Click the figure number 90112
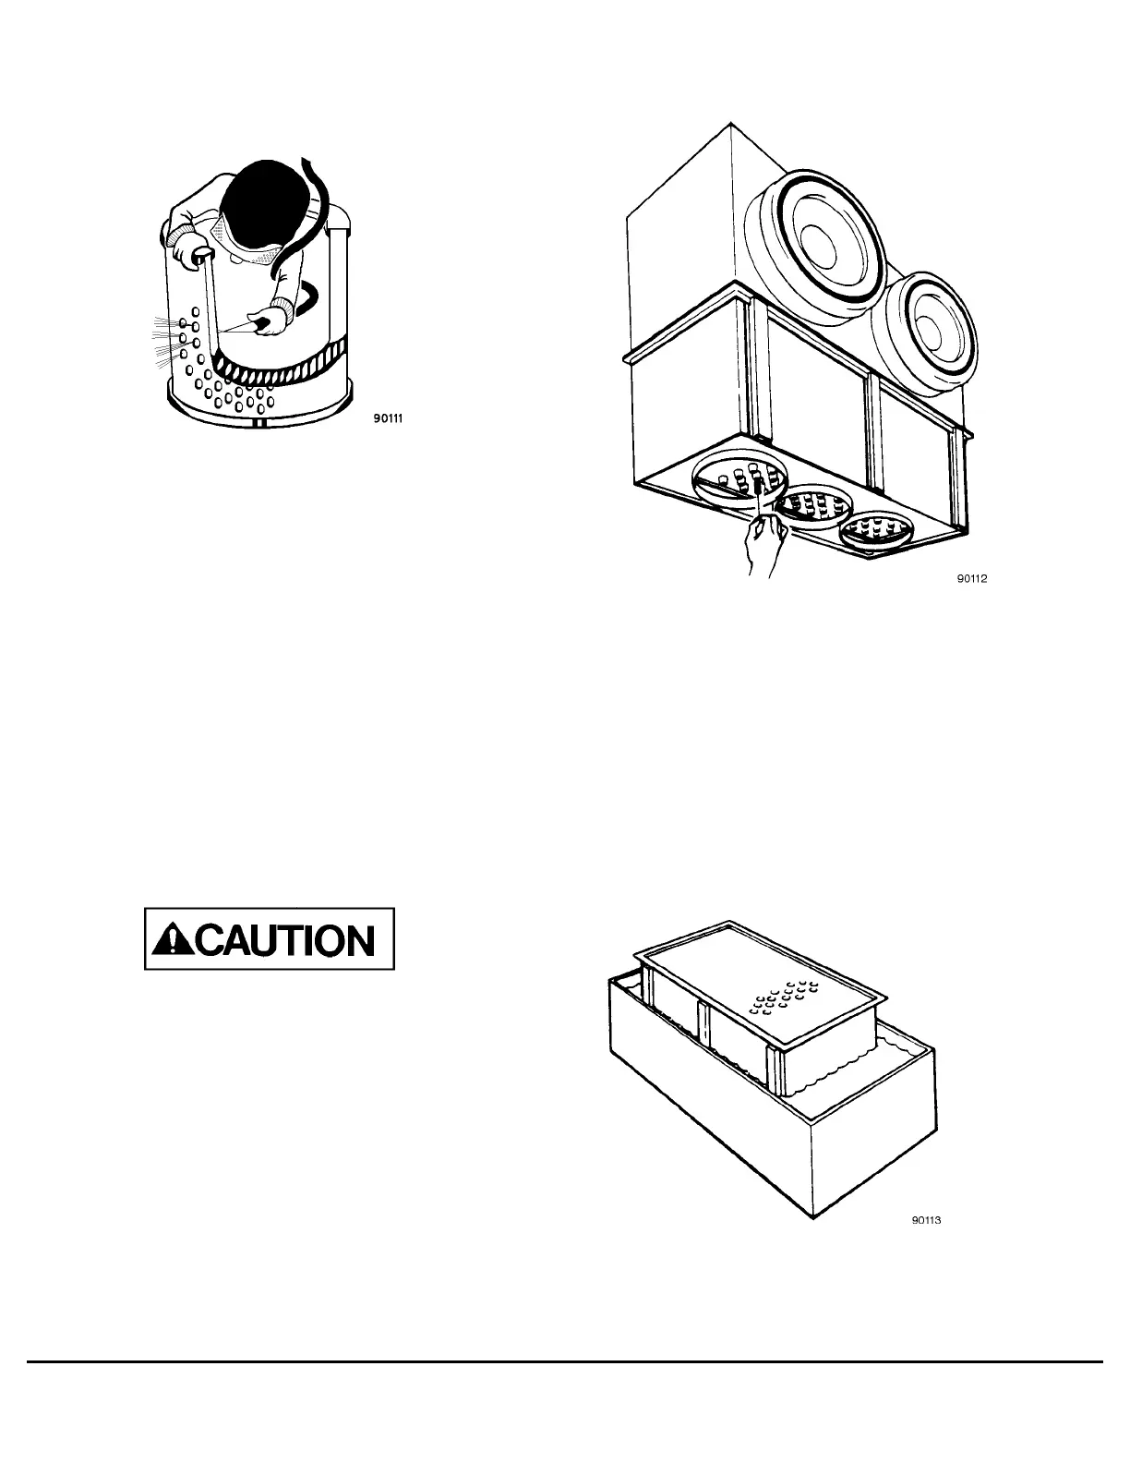(971, 580)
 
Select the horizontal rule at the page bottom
(565, 1361)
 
